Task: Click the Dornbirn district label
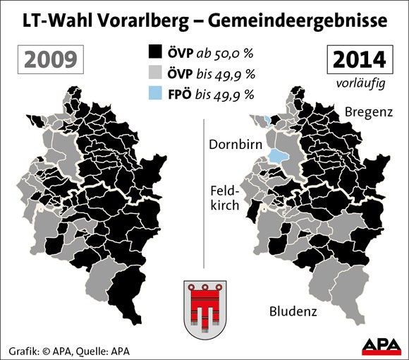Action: (235, 145)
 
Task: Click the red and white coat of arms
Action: (204, 311)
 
